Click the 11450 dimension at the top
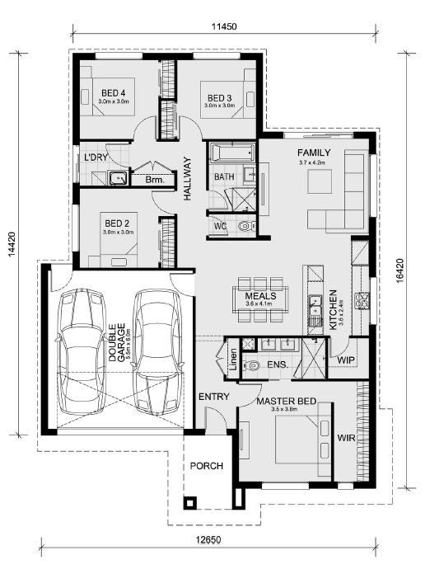224,26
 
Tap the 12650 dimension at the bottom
208,539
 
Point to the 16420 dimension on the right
400,270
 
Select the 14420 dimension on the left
12,244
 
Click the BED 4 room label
113,93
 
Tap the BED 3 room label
219,98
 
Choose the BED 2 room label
117,223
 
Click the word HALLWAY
187,179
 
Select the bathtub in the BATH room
232,153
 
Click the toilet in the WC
245,226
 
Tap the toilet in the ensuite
250,365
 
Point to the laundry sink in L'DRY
119,179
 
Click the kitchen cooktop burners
362,301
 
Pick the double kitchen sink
315,306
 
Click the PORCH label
207,466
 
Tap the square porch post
190,502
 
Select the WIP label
346,360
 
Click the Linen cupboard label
234,360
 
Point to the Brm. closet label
155,180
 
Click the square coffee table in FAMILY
320,181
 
